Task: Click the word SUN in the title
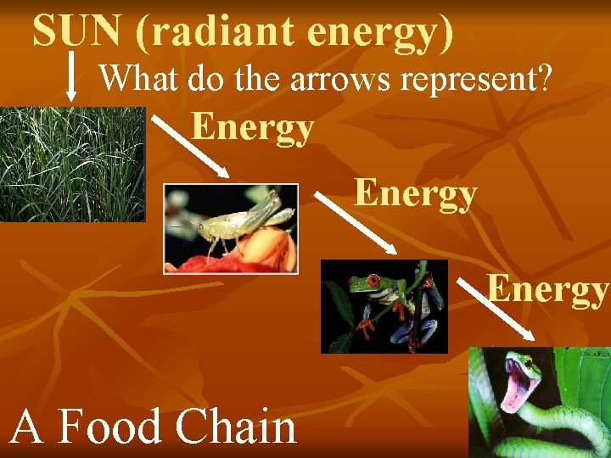76,31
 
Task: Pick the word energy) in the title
379,31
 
